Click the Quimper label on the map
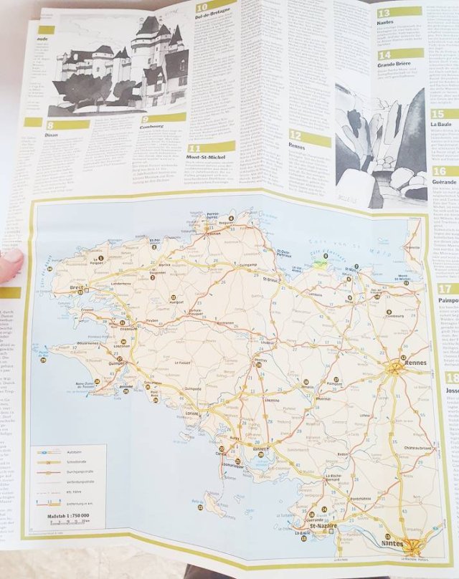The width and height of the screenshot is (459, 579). tap(116, 363)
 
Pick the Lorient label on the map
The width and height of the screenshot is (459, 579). tap(192, 413)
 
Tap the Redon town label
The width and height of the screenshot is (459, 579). tap(341, 454)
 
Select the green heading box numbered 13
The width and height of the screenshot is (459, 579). tap(399, 11)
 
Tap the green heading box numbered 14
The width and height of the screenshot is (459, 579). tap(399, 54)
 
